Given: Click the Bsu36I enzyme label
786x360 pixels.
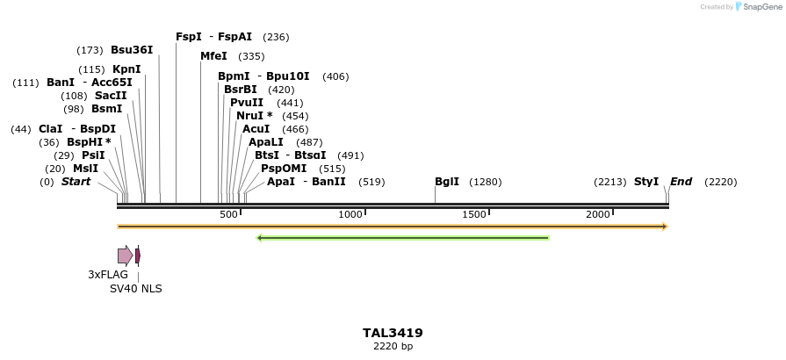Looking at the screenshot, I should pos(132,50).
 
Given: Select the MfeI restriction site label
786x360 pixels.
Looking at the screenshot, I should pos(213,56).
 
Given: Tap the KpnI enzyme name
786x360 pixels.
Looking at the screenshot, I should pos(126,69).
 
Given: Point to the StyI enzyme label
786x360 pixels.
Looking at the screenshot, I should pos(646,182).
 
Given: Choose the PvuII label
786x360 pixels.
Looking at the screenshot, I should pos(247,103).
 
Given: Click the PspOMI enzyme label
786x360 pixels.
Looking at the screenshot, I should pos(284,169).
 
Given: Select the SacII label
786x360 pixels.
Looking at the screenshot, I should pos(111,96).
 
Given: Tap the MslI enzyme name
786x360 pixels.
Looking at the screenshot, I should pos(86,169).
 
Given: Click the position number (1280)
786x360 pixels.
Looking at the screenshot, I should pos(486,183).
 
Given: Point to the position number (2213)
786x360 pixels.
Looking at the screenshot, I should pos(609,182).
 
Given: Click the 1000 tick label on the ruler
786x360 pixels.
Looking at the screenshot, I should pos(350,215).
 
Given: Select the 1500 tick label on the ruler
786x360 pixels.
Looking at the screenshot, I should pos(474,215).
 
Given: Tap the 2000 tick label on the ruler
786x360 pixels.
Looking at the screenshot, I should pos(598,215).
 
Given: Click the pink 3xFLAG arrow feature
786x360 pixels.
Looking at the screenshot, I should pos(125,256).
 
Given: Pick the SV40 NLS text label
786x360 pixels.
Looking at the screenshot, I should pos(135,289).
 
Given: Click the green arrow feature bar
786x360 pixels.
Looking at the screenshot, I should pos(403,237).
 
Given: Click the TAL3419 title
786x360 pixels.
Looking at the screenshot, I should pos(393,333).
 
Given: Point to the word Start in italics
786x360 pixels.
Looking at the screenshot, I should pos(76,182).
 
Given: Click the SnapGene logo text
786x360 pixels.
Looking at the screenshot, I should pos(761,7).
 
